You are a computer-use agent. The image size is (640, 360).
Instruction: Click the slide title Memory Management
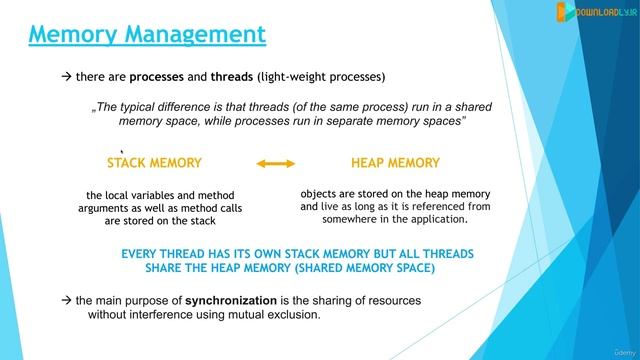coord(147,35)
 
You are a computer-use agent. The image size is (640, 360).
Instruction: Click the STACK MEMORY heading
coord(154,162)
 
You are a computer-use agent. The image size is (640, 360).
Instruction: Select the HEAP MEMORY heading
coord(395,162)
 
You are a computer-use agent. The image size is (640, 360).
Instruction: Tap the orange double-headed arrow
coord(276,163)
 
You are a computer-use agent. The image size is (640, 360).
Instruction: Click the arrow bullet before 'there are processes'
coord(66,77)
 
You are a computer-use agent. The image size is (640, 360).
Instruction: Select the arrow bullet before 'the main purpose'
coord(66,300)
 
